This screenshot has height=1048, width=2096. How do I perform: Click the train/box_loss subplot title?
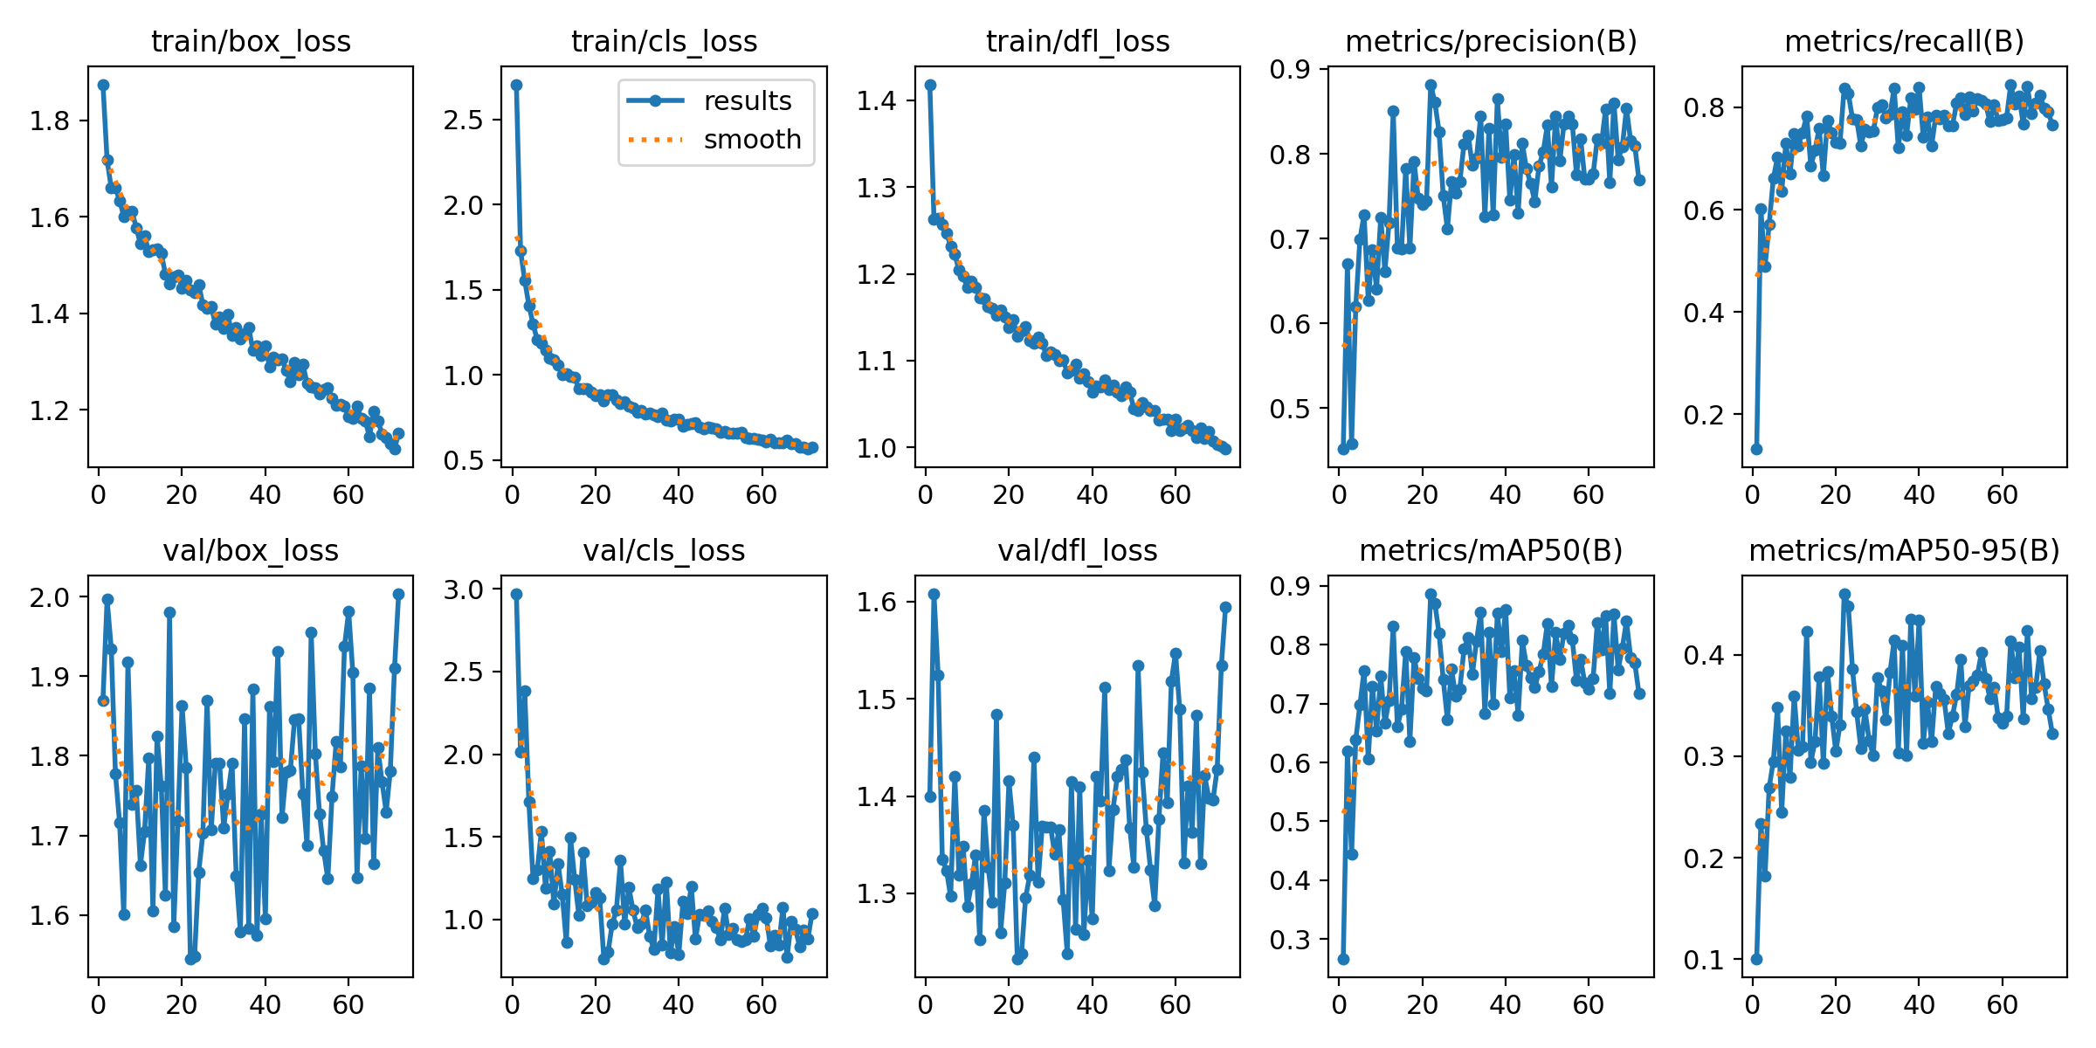tap(251, 41)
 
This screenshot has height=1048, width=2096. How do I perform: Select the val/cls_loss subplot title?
tap(664, 550)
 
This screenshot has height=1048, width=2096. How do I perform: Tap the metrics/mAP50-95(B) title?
tap(1904, 550)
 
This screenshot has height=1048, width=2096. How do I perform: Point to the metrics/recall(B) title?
tap(1904, 41)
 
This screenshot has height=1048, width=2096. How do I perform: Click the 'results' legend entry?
tap(748, 101)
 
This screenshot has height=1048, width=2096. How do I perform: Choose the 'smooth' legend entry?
tap(752, 140)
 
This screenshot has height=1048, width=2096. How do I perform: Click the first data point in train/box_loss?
tap(103, 85)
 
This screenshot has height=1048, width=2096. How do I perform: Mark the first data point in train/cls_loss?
tap(516, 85)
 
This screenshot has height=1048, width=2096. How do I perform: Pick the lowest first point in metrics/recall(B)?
tap(1756, 449)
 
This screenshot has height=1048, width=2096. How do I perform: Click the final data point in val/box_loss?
tap(399, 594)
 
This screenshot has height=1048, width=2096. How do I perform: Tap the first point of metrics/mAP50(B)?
tap(1343, 959)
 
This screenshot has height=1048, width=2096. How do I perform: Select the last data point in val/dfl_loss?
tap(1225, 607)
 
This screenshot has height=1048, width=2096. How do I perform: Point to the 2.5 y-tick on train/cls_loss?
tap(463, 120)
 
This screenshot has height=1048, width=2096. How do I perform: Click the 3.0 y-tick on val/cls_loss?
tap(463, 589)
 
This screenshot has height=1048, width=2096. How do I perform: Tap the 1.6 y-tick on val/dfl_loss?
tap(876, 602)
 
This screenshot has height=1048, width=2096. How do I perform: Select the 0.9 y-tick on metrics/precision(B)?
tap(1290, 69)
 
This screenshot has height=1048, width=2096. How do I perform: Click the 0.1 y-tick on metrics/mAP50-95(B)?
tap(1704, 960)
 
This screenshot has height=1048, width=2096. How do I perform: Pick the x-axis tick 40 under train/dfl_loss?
tap(1092, 495)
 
